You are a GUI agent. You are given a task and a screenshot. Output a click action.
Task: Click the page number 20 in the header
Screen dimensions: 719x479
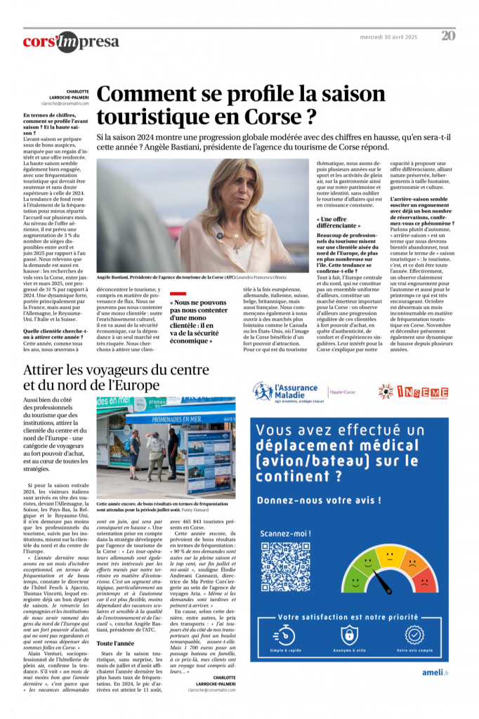[448, 36]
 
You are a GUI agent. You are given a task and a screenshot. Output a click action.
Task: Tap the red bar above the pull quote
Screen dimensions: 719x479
[178, 293]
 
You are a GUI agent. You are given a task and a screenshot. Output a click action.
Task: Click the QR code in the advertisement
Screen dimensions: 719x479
[286, 566]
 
